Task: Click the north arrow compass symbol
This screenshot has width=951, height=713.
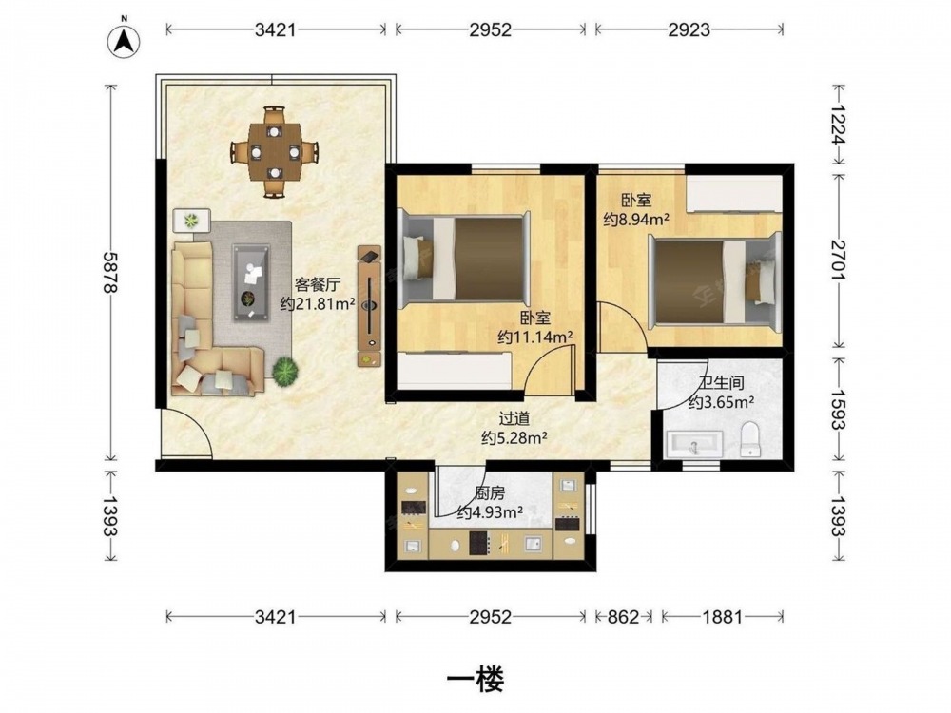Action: (124, 41)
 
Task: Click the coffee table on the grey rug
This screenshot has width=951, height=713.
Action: (251, 282)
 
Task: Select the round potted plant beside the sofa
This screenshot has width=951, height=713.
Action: (284, 371)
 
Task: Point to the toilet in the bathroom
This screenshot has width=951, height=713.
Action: (751, 439)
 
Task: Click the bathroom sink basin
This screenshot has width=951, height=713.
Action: (694, 444)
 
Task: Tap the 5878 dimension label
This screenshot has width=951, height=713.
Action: (109, 273)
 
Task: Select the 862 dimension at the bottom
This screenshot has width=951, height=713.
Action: (623, 617)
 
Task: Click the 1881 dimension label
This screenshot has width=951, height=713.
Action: (722, 617)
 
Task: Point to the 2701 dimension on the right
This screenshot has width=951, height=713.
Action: (838, 260)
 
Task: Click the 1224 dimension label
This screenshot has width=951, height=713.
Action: (838, 125)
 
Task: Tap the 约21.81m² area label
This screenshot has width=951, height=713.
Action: (318, 303)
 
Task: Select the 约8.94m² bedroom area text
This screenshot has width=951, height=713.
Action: (635, 219)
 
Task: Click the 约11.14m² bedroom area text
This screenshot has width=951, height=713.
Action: (535, 337)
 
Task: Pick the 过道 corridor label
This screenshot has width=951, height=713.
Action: (514, 417)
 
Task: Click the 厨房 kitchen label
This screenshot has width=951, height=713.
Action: (490, 493)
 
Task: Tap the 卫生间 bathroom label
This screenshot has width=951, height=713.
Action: (721, 383)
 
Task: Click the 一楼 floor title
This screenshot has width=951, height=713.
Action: (475, 679)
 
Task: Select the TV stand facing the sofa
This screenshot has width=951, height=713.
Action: (369, 306)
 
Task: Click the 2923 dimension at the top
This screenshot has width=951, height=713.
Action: (689, 29)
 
